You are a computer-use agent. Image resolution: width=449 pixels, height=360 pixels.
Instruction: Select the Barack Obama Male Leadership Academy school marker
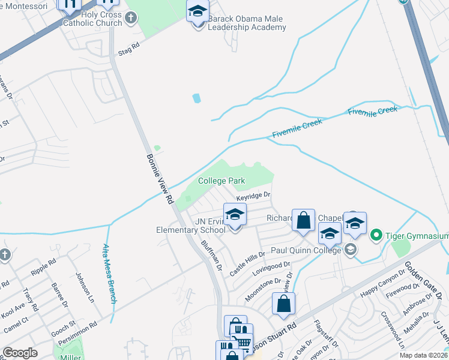coord(197,12)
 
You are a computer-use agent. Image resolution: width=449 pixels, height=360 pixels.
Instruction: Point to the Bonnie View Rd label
coord(160,179)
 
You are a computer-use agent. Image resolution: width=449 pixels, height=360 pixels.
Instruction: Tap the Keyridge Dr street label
coord(253,196)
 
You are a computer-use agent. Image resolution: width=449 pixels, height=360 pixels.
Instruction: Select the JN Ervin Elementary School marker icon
coord(235,215)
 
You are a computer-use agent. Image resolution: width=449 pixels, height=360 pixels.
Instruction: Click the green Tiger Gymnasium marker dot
coord(376,233)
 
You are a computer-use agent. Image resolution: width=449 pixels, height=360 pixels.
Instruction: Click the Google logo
coord(20,353)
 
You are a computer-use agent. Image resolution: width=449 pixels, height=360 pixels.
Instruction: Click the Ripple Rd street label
coord(43,270)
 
